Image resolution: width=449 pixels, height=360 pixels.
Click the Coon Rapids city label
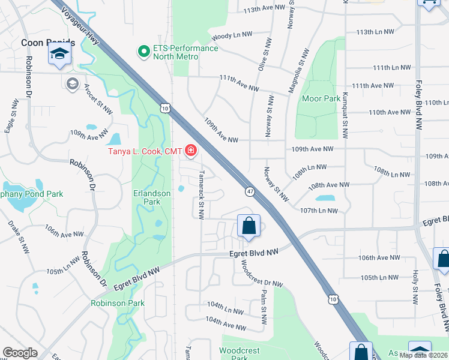(x=48, y=43)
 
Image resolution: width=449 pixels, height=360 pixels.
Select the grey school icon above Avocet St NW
(x=73, y=83)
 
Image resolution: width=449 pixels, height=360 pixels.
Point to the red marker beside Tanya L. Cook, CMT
(x=191, y=150)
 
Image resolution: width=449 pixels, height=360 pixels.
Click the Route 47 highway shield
(x=250, y=191)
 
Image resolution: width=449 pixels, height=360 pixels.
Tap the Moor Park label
(x=321, y=98)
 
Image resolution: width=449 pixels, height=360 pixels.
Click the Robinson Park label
(x=118, y=303)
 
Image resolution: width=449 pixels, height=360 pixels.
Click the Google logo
(x=20, y=353)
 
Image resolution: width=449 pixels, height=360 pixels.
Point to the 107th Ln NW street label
(x=319, y=211)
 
